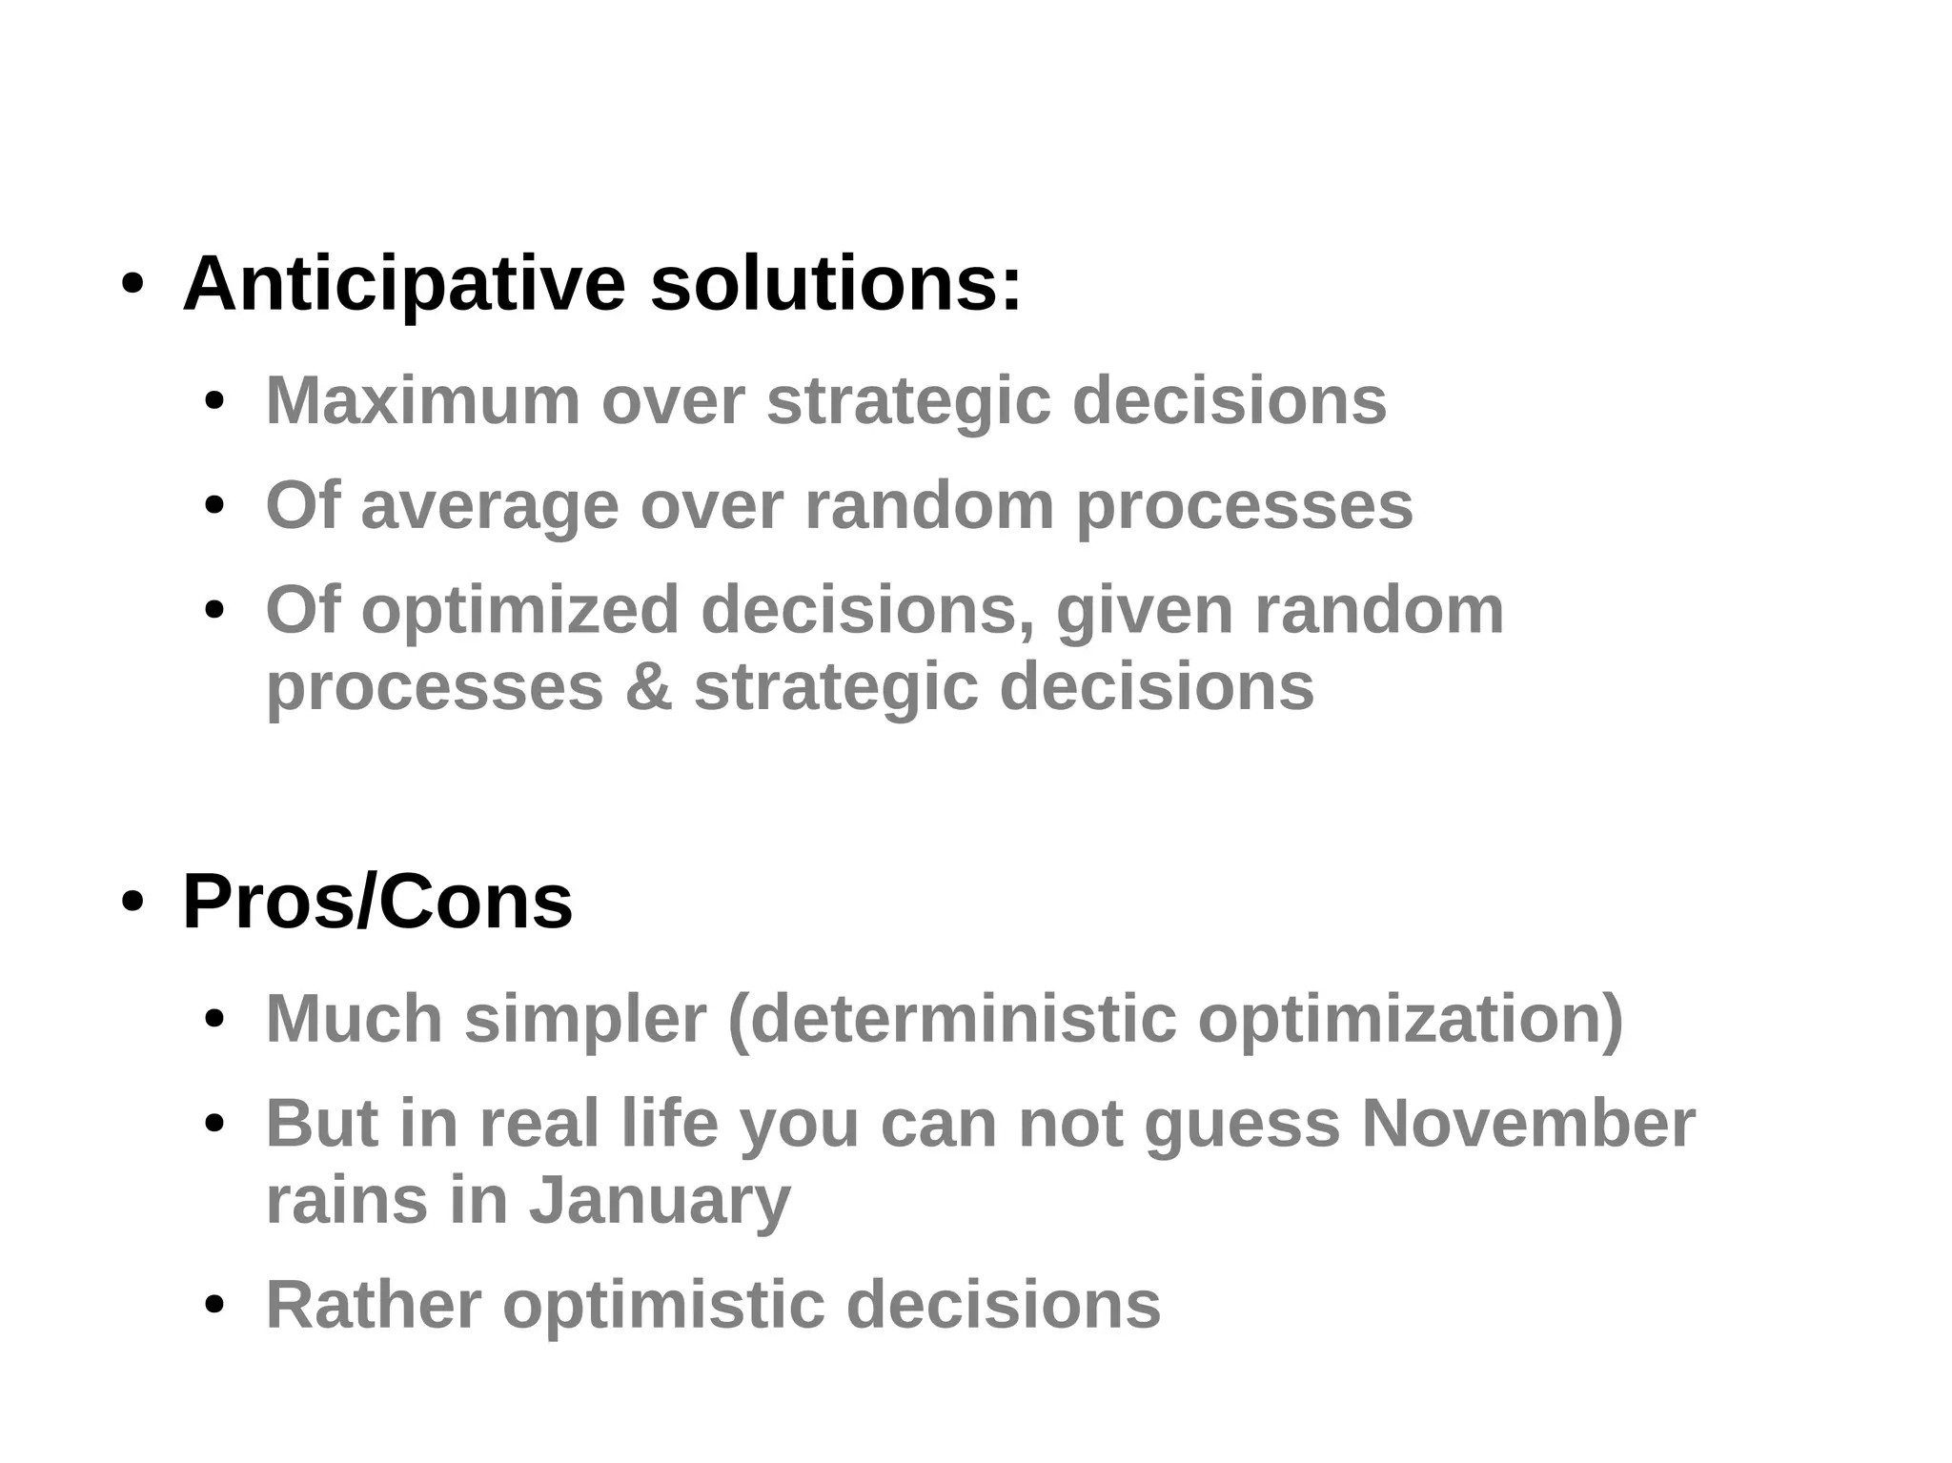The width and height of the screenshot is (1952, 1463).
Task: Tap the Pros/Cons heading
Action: (x=377, y=902)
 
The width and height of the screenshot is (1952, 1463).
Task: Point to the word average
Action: (x=489, y=505)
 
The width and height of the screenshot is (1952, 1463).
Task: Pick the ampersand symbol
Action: (x=648, y=686)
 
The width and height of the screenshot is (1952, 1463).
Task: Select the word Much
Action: (x=354, y=1019)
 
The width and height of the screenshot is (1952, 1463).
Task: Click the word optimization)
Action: (x=1411, y=1019)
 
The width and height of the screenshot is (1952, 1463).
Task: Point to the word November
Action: (x=1528, y=1124)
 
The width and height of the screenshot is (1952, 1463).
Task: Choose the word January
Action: (x=660, y=1200)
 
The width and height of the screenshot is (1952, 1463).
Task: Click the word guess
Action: (x=1242, y=1124)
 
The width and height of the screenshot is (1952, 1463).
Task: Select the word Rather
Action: (x=373, y=1305)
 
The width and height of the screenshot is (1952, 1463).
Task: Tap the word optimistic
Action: (x=663, y=1305)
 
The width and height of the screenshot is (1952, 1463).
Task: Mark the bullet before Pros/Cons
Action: (x=132, y=904)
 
